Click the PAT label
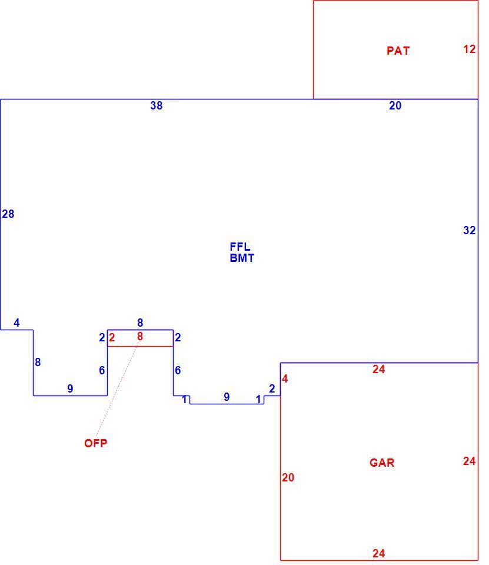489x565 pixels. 398,51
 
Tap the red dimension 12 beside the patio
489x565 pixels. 469,49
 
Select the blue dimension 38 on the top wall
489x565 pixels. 157,105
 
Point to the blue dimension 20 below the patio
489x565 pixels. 395,105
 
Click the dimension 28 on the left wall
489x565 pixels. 8,214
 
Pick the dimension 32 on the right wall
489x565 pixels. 469,230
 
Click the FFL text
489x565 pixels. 240,247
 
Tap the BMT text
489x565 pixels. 242,258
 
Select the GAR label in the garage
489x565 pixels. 382,463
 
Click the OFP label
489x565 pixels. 95,443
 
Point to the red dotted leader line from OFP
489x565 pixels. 118,388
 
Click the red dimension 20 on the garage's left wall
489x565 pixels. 288,477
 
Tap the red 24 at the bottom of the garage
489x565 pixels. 379,553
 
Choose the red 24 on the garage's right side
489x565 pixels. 469,461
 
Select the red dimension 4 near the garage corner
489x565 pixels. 285,378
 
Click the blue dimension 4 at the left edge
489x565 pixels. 16,323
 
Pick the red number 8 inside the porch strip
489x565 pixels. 140,337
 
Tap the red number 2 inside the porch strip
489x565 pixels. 112,338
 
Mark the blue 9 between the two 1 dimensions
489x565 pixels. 227,397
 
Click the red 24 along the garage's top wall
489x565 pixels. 379,369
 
